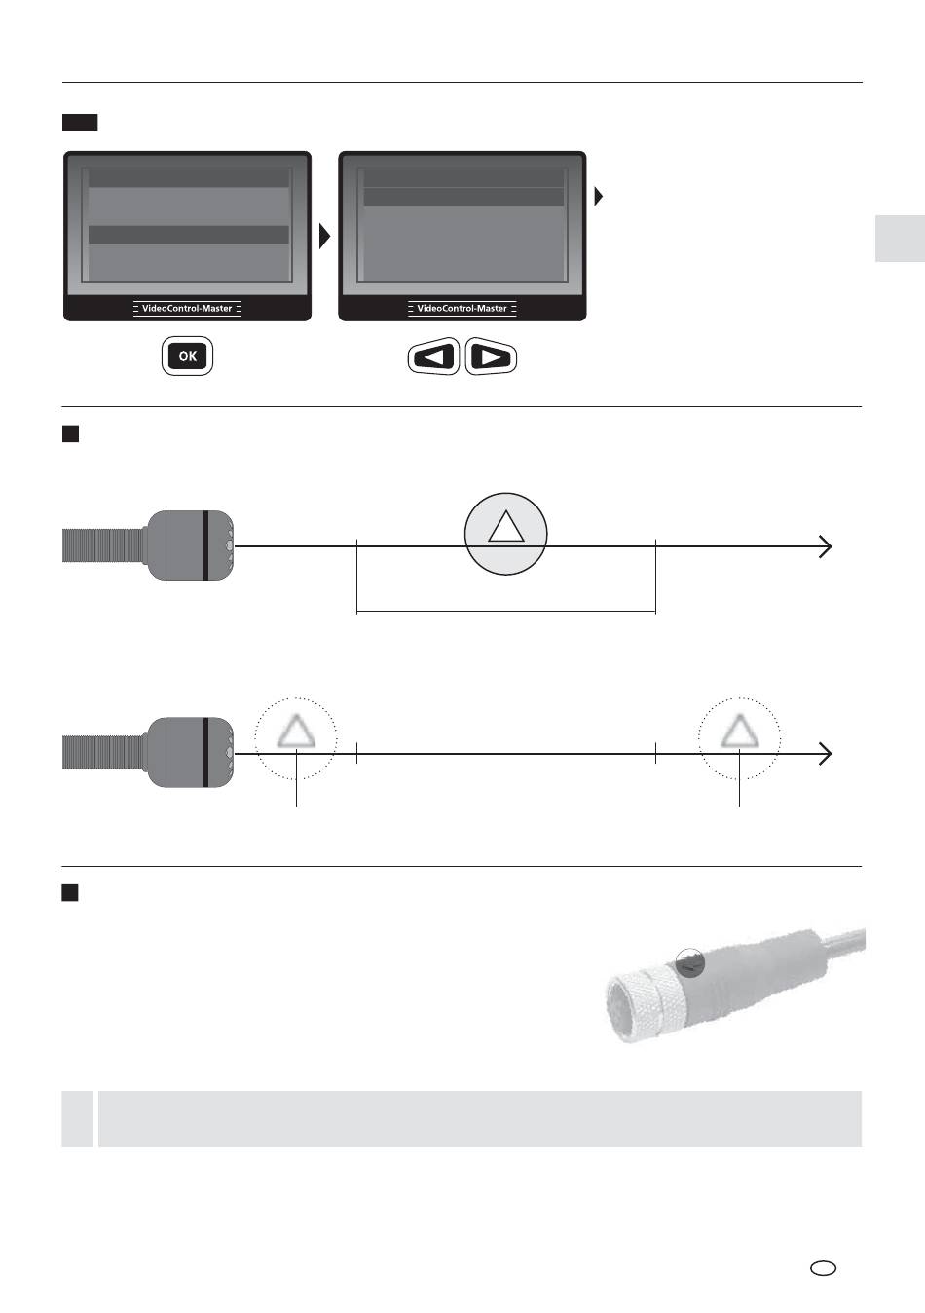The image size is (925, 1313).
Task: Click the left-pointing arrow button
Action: coord(433,357)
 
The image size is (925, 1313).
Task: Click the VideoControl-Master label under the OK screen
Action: coord(187,308)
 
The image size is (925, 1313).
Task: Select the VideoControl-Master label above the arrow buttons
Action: coord(462,308)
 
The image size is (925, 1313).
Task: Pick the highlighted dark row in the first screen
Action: coord(189,235)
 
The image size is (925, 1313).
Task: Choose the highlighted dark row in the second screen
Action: coord(463,197)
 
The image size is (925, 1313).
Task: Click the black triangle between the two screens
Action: coord(324,236)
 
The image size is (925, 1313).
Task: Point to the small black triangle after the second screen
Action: coord(599,197)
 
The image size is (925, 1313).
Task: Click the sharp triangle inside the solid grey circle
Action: coord(505,527)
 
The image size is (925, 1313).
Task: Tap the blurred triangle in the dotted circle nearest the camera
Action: coord(295,731)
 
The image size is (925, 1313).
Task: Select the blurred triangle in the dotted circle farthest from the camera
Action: coord(739,731)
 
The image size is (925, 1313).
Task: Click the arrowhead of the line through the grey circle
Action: coord(825,546)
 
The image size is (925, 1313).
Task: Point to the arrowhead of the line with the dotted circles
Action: coord(825,753)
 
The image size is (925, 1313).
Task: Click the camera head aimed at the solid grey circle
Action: coord(190,545)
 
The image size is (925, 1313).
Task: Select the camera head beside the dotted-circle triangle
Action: coord(190,752)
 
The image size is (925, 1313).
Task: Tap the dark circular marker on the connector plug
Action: coord(689,962)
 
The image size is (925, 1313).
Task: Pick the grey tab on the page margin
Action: coord(899,239)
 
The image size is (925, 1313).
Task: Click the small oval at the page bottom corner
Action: coord(823,1268)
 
